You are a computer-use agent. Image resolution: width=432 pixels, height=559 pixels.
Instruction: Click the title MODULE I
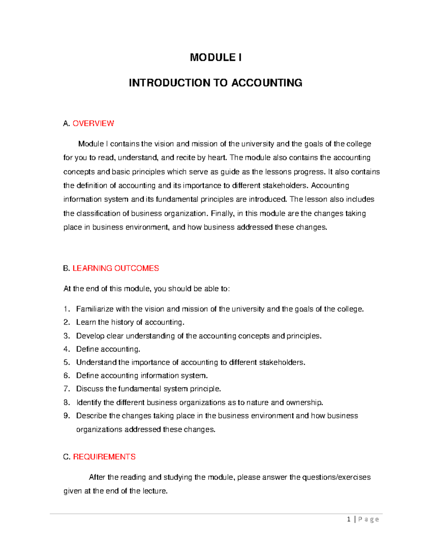[216, 58]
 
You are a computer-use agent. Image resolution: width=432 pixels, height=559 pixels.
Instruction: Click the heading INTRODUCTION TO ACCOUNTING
[216, 83]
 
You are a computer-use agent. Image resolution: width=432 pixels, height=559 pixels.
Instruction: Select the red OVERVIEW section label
[93, 123]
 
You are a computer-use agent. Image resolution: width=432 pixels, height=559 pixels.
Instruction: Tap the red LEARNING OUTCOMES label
[116, 268]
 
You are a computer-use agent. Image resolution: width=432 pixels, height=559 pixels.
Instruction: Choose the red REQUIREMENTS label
[104, 457]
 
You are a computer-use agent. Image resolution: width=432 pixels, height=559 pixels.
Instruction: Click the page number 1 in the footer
[348, 519]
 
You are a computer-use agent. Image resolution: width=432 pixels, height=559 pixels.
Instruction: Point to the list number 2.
[66, 322]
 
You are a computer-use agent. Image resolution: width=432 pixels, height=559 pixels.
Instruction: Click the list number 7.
[66, 389]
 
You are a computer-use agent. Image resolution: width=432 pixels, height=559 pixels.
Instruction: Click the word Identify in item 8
[89, 402]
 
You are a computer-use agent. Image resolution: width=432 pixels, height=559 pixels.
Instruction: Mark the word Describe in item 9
[91, 416]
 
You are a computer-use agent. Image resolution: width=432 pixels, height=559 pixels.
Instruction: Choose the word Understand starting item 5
[96, 362]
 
